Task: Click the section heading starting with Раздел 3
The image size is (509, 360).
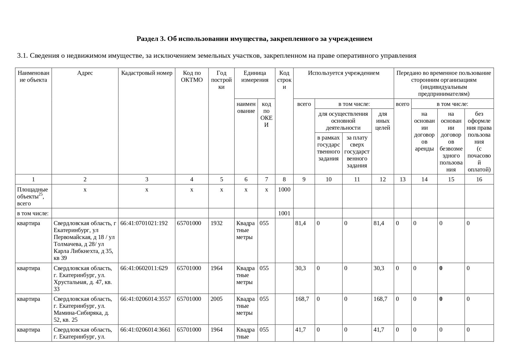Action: point(254,39)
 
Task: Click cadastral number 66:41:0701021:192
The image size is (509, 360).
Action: point(144,223)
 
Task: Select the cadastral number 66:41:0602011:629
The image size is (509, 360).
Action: point(144,268)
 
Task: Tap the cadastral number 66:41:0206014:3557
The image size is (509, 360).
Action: point(145,299)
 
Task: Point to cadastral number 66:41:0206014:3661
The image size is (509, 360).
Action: point(145,330)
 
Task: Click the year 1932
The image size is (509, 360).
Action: point(216,223)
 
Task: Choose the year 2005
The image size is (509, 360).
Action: point(216,299)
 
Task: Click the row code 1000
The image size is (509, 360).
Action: point(284,190)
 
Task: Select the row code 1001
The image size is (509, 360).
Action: point(284,214)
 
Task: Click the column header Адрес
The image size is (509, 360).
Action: point(85,73)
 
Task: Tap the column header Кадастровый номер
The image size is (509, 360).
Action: point(146,73)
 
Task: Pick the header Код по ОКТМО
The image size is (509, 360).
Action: point(192,77)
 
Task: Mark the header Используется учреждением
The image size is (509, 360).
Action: point(343,73)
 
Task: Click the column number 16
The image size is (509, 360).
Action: point(479,180)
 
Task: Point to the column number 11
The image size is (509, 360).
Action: point(357,180)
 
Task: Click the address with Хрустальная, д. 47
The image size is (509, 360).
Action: point(83,278)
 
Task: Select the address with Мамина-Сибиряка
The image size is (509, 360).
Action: point(83,309)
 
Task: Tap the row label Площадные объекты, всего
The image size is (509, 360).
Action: point(32,196)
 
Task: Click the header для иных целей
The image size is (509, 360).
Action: point(383,121)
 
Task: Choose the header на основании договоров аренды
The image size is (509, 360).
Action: point(424,131)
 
